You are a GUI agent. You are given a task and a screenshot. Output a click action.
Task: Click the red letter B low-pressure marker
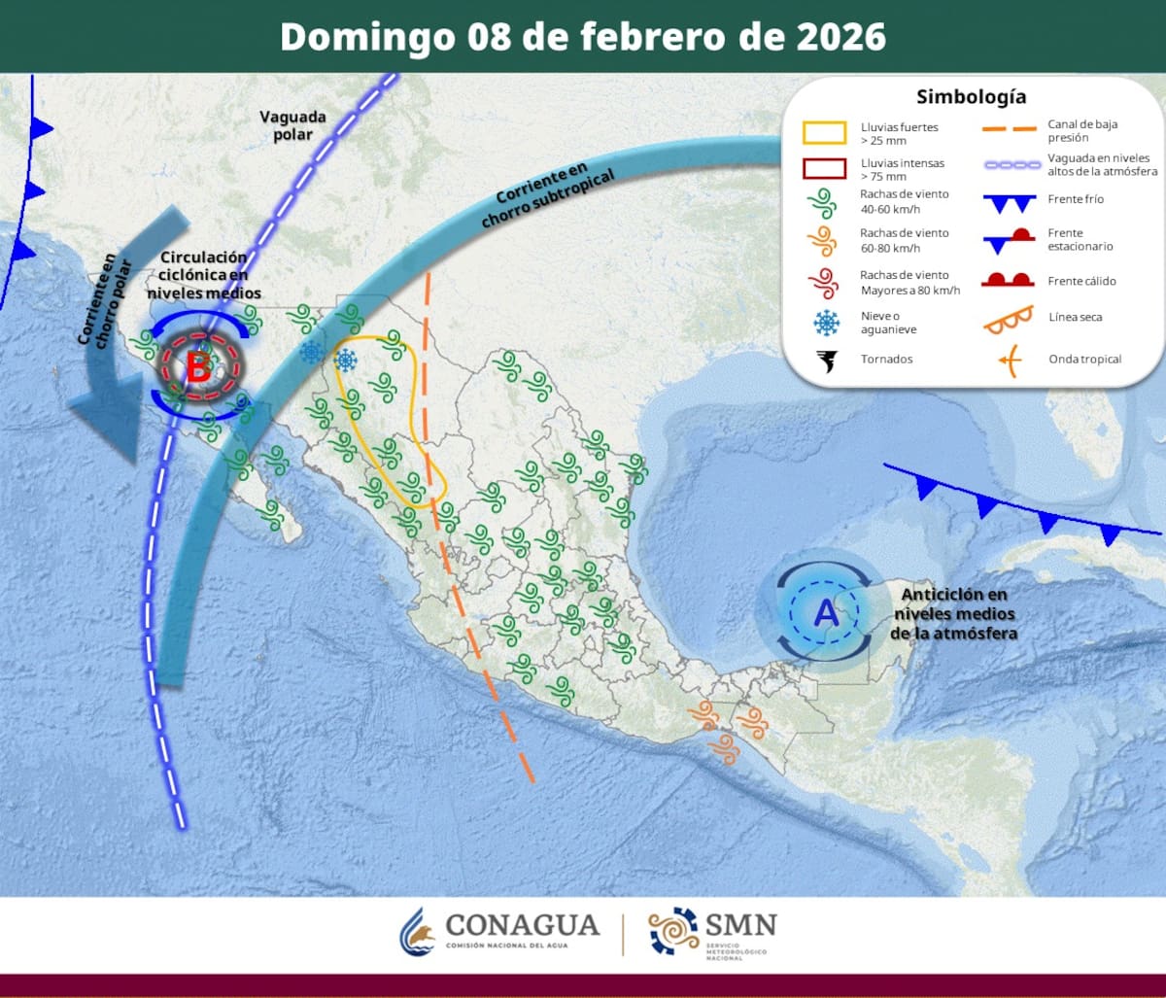click(198, 368)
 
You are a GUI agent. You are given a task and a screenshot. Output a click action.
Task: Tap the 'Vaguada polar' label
click(292, 125)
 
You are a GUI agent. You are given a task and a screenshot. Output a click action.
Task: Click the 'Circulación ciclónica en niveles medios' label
click(211, 275)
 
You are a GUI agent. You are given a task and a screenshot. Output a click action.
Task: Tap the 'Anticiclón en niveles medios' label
click(954, 613)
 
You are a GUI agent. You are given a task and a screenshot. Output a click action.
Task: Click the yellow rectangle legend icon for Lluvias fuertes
click(824, 132)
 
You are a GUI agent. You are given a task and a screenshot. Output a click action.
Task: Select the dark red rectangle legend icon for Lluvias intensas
click(824, 168)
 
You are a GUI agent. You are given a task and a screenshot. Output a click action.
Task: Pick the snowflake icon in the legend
click(826, 322)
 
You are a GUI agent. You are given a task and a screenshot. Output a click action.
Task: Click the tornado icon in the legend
click(826, 361)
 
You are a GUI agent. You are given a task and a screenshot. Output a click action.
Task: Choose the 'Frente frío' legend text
click(1076, 199)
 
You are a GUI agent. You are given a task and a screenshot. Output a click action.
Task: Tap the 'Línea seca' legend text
click(1076, 317)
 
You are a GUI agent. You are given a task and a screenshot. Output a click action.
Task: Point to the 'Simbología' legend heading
click(971, 97)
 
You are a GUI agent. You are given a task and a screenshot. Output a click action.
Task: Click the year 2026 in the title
click(840, 37)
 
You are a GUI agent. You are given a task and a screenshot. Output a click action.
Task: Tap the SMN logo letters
click(740, 924)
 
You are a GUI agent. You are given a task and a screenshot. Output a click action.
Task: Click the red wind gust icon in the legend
click(824, 282)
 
